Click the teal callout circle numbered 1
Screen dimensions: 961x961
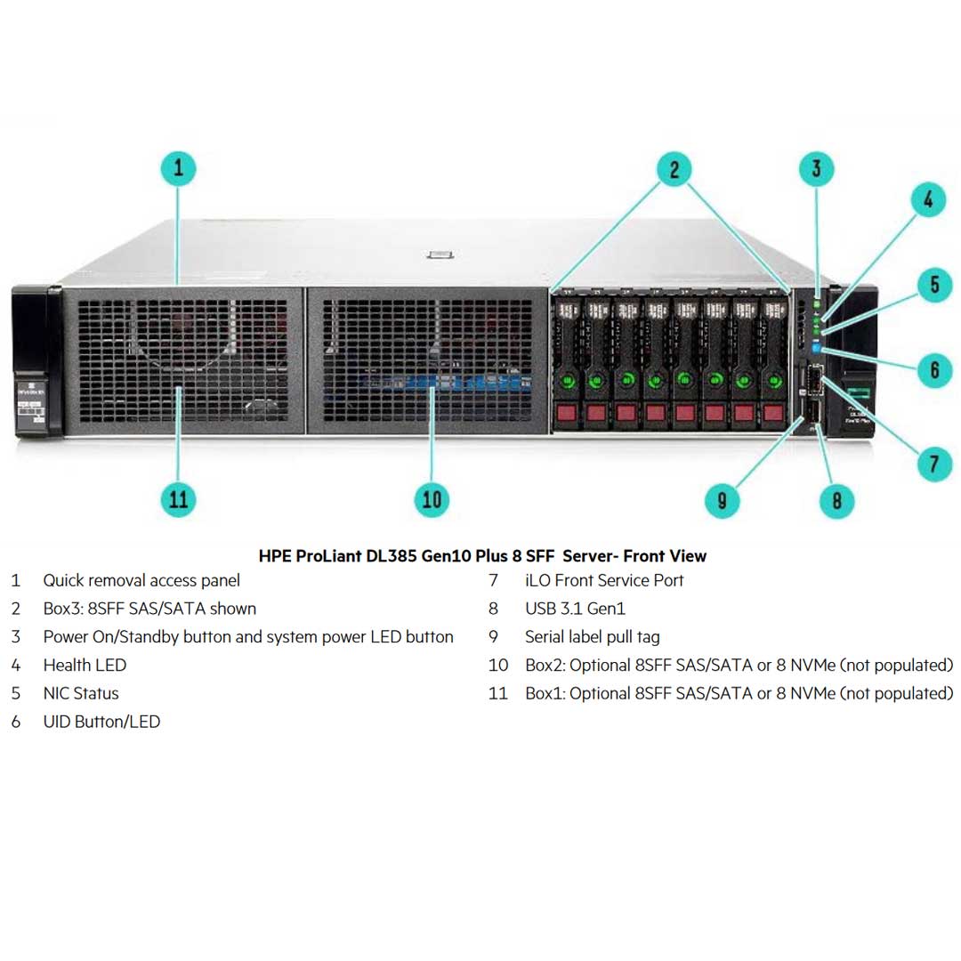179,168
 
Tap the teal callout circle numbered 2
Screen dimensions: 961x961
674,168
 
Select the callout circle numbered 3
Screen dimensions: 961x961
817,168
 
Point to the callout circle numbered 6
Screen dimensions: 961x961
934,367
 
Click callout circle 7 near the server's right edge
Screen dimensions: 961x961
934,463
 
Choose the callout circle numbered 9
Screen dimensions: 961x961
722,499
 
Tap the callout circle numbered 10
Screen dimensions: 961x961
432,499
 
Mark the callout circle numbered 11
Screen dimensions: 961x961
179,499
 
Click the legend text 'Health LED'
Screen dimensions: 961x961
85,665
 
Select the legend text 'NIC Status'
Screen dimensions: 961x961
80,693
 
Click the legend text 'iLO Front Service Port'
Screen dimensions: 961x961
604,580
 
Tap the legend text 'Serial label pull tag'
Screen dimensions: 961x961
592,637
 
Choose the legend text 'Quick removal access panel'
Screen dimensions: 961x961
141,580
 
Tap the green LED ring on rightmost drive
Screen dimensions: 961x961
773,380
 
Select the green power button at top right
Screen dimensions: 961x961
817,293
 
